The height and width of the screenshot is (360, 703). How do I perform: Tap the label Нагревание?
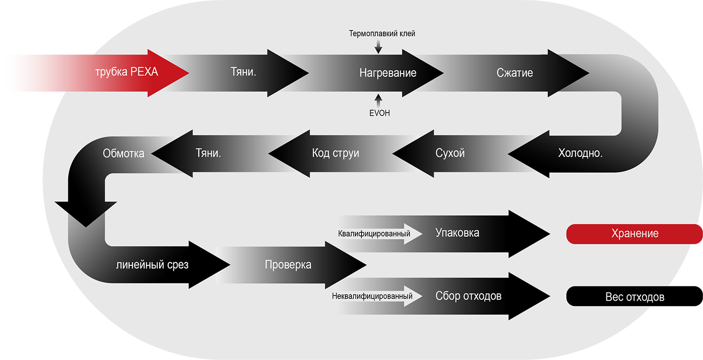(x=388, y=73)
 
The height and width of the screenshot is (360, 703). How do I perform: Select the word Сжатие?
(x=515, y=73)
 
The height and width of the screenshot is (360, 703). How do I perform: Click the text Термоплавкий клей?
(x=382, y=33)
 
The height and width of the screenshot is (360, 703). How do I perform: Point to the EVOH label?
(x=379, y=113)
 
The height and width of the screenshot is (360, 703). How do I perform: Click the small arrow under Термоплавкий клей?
(x=378, y=46)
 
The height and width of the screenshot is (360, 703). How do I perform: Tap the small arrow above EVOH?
(x=378, y=100)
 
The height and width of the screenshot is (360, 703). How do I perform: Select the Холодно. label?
(x=580, y=153)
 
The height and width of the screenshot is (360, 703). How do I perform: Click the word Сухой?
(x=450, y=153)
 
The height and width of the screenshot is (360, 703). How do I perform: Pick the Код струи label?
(x=335, y=153)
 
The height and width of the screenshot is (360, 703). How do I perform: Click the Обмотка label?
(x=123, y=154)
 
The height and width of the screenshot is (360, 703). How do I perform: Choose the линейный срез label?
(x=152, y=265)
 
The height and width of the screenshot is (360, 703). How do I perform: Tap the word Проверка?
(x=288, y=265)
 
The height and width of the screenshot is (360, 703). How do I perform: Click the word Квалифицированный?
(x=374, y=234)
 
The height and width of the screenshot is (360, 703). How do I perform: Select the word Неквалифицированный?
(x=372, y=296)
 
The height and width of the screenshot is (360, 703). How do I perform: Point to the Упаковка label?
(x=457, y=233)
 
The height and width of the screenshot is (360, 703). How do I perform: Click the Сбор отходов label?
(x=468, y=296)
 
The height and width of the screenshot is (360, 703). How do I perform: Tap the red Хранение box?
(x=634, y=234)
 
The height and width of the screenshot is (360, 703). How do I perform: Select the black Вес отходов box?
(x=634, y=297)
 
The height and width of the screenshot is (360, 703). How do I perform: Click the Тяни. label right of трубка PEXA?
(x=246, y=73)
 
